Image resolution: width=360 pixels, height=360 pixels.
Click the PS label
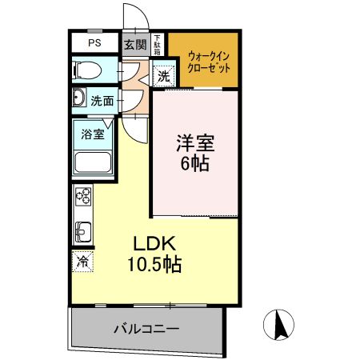[94, 42]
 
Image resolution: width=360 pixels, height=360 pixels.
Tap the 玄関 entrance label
[134, 44]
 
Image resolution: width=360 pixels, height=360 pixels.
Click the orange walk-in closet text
[210, 62]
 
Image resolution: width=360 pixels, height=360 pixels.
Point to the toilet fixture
[85, 70]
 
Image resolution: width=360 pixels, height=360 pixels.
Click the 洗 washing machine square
[163, 77]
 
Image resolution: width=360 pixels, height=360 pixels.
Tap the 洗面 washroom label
[102, 101]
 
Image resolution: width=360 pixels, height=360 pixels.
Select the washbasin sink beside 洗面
[79, 99]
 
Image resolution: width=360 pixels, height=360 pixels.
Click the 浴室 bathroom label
[93, 134]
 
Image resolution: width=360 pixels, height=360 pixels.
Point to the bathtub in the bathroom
[94, 163]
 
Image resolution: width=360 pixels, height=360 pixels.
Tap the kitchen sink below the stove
[82, 232]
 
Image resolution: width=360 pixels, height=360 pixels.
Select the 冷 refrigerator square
[82, 260]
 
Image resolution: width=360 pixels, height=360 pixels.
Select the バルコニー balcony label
[146, 328]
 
